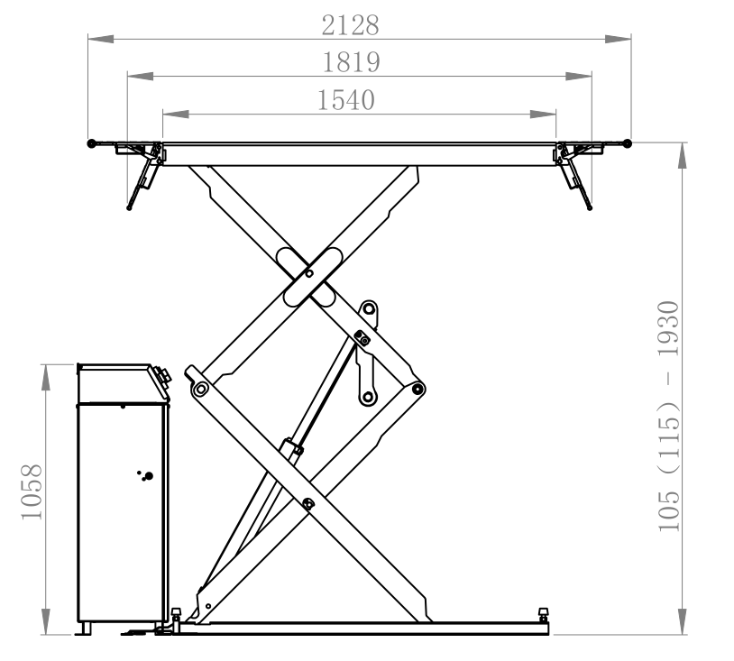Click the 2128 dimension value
350,25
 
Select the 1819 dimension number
351,62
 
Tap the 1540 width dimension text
346,100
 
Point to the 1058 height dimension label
32,491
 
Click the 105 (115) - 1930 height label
668,416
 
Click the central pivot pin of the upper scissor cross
309,273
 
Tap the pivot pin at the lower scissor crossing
307,504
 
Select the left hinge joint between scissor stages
201,389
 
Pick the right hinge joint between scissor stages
417,388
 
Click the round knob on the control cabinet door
149,476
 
